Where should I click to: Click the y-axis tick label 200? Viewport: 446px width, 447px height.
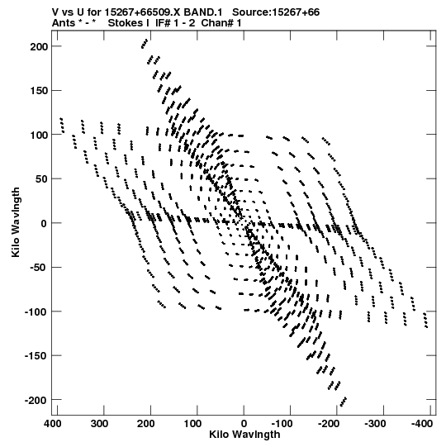(39, 46)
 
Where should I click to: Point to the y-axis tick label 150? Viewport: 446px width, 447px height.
(39, 91)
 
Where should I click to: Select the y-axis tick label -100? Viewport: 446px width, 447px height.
(36, 311)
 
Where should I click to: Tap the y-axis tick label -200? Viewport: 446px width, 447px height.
(36, 400)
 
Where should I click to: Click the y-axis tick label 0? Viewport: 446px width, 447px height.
(44, 223)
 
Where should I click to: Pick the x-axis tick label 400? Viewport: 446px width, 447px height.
(52, 424)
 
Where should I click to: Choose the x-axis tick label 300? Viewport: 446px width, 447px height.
(99, 424)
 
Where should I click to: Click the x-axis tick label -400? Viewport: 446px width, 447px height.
(422, 424)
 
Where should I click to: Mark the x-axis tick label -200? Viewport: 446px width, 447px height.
(330, 424)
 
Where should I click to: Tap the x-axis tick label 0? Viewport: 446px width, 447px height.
(244, 424)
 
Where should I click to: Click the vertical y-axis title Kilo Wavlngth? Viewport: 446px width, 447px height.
(16, 222)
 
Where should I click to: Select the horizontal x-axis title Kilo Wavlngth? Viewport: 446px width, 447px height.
(244, 435)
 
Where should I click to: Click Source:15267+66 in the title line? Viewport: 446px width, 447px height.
(276, 12)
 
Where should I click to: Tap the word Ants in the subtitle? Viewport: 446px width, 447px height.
(64, 23)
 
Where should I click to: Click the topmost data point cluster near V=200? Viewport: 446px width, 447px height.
(145, 44)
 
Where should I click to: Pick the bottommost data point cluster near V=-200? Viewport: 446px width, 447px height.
(344, 402)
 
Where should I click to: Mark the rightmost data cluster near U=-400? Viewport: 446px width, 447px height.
(426, 320)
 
